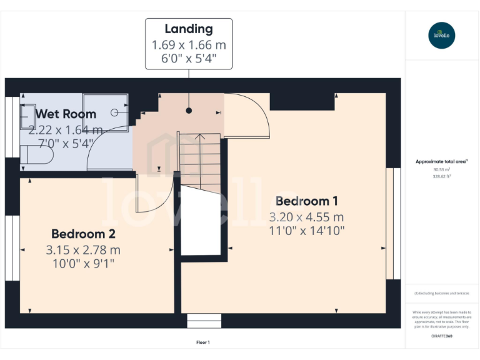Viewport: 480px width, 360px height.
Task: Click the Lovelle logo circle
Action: click(x=442, y=35)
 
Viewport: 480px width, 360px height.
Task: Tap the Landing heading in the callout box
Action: click(x=189, y=29)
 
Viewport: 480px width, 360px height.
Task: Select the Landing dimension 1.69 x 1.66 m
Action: click(x=189, y=45)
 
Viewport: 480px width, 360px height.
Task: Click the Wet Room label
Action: click(x=66, y=114)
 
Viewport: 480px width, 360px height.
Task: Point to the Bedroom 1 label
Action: click(x=307, y=201)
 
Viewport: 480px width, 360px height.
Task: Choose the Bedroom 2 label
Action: click(x=83, y=234)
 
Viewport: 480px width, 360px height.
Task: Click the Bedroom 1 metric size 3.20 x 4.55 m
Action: click(x=307, y=217)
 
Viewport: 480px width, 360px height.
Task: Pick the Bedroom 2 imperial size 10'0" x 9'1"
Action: click(x=83, y=263)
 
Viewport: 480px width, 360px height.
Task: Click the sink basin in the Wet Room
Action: click(x=28, y=116)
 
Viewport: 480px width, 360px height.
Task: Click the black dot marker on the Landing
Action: click(x=188, y=111)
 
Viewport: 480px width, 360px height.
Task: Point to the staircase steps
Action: click(x=200, y=164)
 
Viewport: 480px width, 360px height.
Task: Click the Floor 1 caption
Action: click(x=203, y=342)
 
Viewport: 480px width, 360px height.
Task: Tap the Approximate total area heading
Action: click(x=441, y=162)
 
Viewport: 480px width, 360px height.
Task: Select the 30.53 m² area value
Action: click(x=441, y=169)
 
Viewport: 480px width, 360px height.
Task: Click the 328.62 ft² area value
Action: click(x=441, y=176)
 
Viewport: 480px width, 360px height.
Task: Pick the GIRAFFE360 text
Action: click(x=441, y=336)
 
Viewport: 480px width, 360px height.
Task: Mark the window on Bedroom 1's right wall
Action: click(x=392, y=223)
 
